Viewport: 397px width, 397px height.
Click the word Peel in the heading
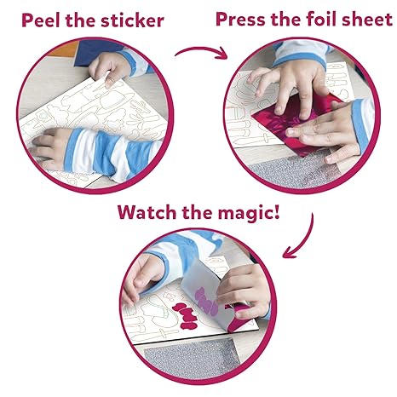pyautogui.click(x=41, y=20)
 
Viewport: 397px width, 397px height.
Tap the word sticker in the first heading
pyautogui.click(x=132, y=20)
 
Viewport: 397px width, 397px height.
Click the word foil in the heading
pyautogui.click(x=322, y=20)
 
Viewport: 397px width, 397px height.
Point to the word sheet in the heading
pyautogui.click(x=367, y=20)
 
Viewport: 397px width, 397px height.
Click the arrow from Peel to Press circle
pyautogui.click(x=200, y=52)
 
